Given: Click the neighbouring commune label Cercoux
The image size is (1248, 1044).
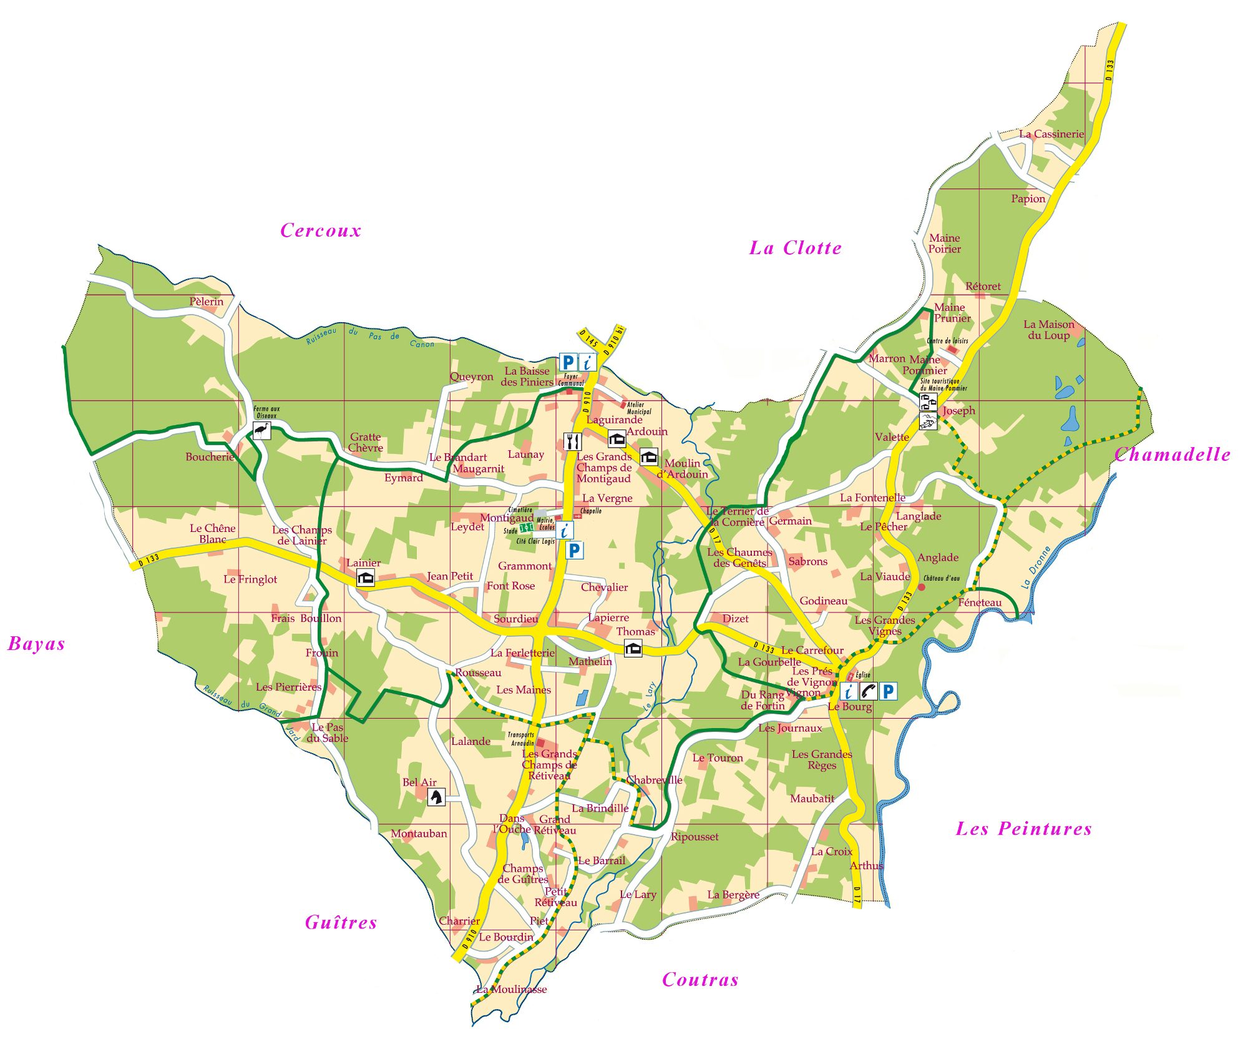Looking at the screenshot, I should coord(321,230).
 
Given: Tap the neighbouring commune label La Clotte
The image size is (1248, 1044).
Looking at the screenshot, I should coord(795,248).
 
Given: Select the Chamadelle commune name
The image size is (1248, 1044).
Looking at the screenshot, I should coord(1172,454).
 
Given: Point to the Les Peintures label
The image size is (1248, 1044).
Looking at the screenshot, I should coord(1024,829).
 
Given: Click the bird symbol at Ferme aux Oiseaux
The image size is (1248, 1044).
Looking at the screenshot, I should coord(262,430).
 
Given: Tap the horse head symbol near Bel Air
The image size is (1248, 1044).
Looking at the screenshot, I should coord(436,797).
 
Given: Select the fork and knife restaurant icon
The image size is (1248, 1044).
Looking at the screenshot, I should coord(572,441).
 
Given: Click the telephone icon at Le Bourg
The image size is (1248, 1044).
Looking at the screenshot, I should coord(868,691).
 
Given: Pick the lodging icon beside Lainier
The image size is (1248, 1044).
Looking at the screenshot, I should coord(365,578).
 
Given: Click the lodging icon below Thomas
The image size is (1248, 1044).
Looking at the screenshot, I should coord(633,648).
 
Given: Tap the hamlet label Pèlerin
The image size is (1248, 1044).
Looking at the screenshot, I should coord(207,302).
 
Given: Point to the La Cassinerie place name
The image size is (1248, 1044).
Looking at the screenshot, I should coord(1051,134).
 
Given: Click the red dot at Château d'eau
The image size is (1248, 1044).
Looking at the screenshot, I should coord(921,587).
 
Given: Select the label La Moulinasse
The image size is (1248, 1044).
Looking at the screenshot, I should coord(511,989).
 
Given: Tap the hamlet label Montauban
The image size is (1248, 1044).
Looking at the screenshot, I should coord(419,834).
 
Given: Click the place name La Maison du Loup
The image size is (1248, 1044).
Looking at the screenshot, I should coord(1049,330).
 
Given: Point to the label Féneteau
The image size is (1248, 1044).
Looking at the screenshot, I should coord(980,603).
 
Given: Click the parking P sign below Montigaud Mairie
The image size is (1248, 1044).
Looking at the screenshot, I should coord(574,550).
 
